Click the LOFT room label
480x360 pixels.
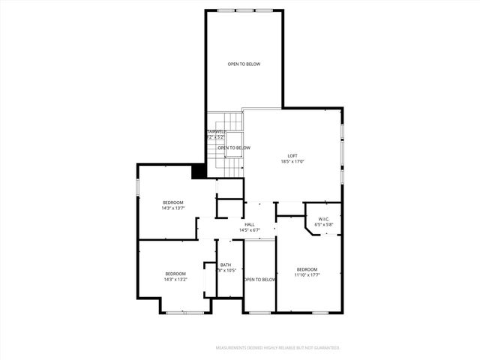(x=292, y=155)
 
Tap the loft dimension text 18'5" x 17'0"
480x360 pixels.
(x=292, y=161)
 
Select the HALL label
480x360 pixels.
(x=249, y=224)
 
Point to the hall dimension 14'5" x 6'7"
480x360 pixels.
(x=249, y=230)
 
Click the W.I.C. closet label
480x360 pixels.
(x=323, y=219)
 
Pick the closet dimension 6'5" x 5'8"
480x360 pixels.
(x=323, y=225)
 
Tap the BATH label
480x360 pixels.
(x=226, y=265)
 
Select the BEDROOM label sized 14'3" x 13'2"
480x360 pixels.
(x=175, y=273)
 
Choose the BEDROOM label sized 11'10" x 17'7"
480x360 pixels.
(x=307, y=269)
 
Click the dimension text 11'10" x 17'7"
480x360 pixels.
(x=307, y=275)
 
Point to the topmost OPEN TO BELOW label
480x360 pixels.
(x=244, y=64)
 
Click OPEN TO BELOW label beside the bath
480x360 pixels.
(x=259, y=280)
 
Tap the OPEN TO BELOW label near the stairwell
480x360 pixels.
(x=234, y=148)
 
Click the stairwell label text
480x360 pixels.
(x=216, y=131)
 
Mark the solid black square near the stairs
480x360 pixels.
(x=199, y=171)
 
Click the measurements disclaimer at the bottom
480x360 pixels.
(x=278, y=348)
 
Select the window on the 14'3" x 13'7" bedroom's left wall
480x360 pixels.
(x=137, y=187)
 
